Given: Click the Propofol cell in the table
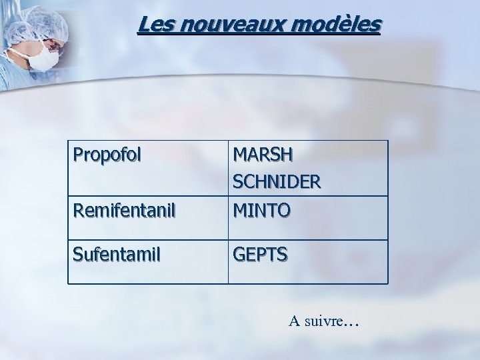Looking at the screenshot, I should point(107,155).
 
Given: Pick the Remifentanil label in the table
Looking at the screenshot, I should point(124,212).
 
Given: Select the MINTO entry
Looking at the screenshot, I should point(262,211).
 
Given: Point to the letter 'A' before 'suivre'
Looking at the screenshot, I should point(294,321).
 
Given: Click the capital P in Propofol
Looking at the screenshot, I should point(78,155).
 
